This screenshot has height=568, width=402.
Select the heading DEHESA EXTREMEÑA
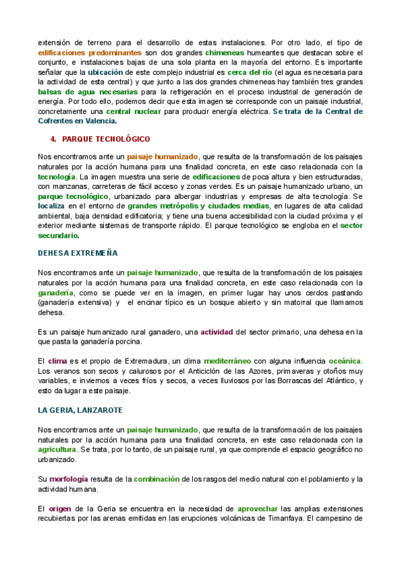[78, 253]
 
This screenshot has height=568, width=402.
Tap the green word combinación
[156, 479]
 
